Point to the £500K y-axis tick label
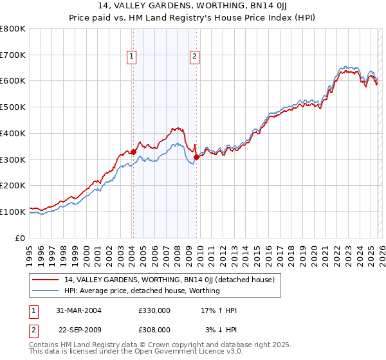13,107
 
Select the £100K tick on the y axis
13,212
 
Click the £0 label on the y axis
21,238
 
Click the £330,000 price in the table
154,310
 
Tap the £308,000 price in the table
154,329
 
